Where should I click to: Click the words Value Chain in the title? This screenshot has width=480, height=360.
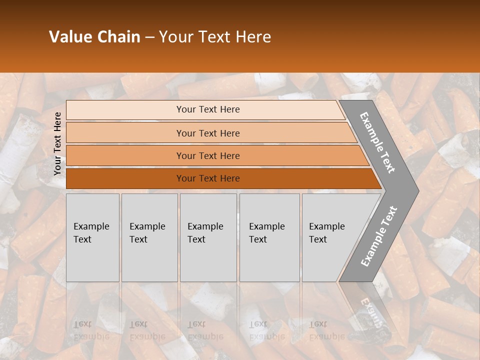pyautogui.click(x=94, y=36)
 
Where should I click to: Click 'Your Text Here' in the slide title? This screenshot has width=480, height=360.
pyautogui.click(x=215, y=36)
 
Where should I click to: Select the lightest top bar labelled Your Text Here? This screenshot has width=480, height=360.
pyautogui.click(x=207, y=109)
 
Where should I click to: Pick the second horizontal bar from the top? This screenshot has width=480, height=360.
pyautogui.click(x=207, y=133)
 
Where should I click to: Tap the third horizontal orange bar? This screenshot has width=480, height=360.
pyautogui.click(x=207, y=155)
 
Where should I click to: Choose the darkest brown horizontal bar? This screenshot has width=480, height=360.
pyautogui.click(x=207, y=178)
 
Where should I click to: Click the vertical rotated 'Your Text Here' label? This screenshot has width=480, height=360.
pyautogui.click(x=57, y=143)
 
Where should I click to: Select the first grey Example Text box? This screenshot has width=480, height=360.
pyautogui.click(x=92, y=237)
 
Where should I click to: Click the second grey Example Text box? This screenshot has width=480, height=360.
pyautogui.click(x=149, y=237)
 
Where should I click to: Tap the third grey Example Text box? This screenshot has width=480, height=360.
pyautogui.click(x=208, y=237)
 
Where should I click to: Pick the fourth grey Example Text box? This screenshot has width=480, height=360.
pyautogui.click(x=269, y=237)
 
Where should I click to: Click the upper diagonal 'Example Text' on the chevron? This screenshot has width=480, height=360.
pyautogui.click(x=377, y=142)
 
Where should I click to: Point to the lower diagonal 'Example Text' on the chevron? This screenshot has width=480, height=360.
pyautogui.click(x=378, y=236)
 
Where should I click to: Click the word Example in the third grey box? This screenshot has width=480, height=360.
pyautogui.click(x=205, y=226)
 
